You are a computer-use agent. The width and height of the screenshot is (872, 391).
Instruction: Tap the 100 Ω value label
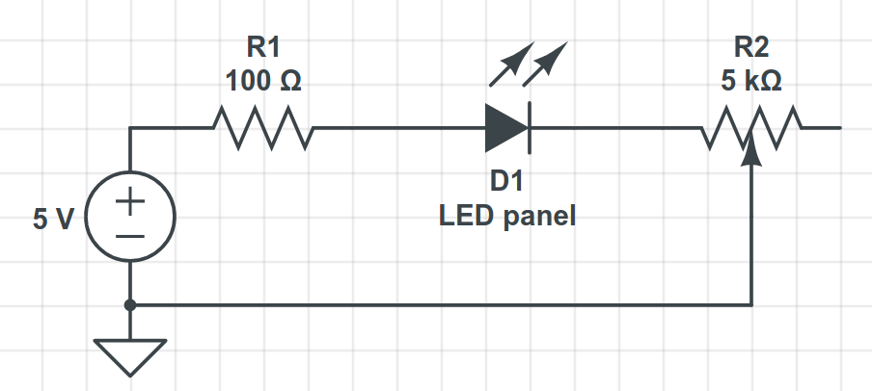point(263,81)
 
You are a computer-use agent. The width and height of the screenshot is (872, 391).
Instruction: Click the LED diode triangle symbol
point(505,127)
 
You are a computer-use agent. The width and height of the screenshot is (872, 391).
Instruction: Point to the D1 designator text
point(507,182)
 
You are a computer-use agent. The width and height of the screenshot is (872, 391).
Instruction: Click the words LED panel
point(507,217)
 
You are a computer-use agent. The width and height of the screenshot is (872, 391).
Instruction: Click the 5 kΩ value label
point(751,81)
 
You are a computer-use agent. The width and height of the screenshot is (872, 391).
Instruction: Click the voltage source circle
point(130,218)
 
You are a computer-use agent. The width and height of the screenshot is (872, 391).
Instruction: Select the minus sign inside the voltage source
point(130,234)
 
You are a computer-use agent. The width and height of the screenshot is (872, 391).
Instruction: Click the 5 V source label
point(53,220)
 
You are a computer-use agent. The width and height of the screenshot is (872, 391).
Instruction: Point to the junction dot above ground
point(130,305)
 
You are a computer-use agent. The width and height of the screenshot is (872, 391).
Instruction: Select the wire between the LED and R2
point(617,128)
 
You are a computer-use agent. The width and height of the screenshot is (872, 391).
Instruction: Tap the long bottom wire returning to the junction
point(444,305)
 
